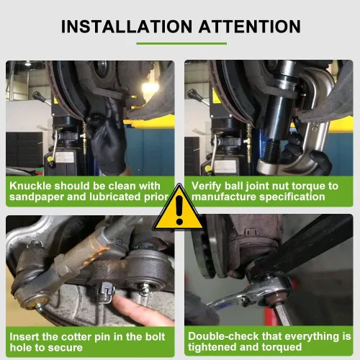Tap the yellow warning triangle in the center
point(179,210)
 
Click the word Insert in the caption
point(25,336)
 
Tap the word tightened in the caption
point(216,348)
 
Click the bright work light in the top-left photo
point(150,88)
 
